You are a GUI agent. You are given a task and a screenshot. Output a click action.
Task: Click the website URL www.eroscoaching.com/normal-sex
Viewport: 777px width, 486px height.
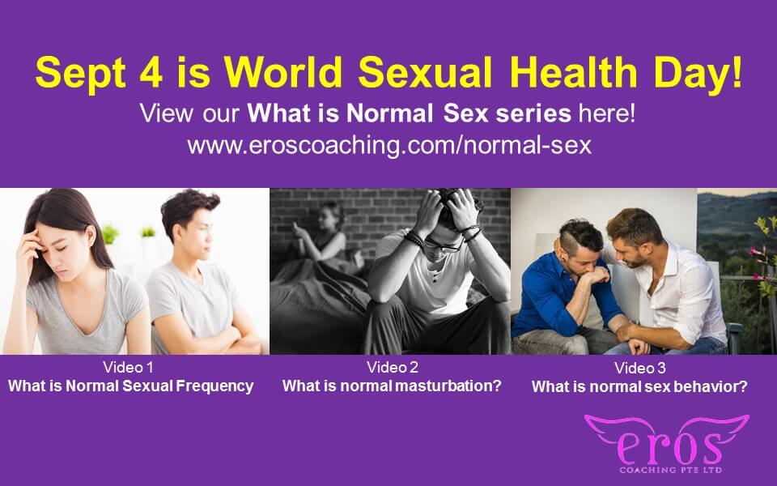[389, 145]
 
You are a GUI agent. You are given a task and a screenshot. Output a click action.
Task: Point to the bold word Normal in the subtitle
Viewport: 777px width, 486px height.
[390, 113]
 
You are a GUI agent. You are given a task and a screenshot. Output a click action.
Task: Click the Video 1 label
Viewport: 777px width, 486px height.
[128, 367]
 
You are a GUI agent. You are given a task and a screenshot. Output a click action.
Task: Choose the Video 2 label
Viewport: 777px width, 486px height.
[392, 367]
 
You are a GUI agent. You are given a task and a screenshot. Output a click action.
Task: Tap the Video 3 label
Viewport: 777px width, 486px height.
[639, 368]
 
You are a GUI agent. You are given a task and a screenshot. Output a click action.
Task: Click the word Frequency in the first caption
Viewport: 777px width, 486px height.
[214, 386]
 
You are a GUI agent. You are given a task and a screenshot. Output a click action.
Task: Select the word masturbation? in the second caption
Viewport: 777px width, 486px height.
[448, 386]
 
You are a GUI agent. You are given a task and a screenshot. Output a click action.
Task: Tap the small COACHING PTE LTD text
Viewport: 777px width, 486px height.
[670, 470]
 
